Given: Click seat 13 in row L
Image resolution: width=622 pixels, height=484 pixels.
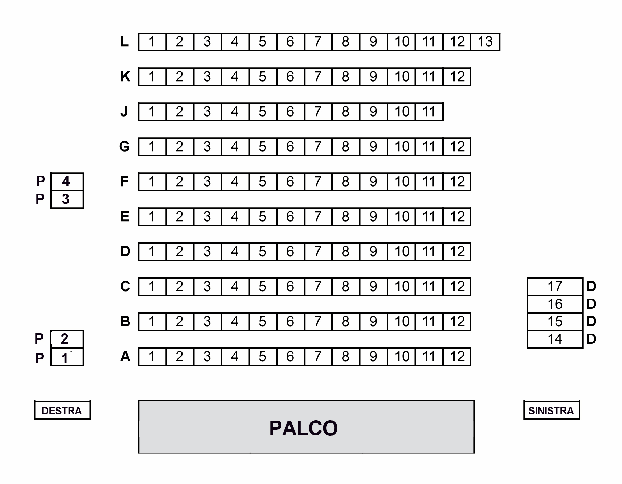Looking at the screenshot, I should click(x=485, y=42).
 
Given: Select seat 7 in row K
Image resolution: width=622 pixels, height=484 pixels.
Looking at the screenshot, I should click(x=318, y=77).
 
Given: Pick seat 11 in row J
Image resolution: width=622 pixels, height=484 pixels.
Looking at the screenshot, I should click(x=429, y=112).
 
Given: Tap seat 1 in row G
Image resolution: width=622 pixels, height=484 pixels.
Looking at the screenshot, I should click(x=152, y=147).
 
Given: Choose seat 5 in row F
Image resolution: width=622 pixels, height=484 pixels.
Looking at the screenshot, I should click(x=263, y=182).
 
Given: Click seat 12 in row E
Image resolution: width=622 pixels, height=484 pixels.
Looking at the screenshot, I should click(x=457, y=217).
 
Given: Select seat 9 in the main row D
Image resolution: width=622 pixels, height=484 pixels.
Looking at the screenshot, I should click(x=373, y=252).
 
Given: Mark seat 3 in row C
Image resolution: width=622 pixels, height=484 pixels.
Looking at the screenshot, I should click(x=207, y=287).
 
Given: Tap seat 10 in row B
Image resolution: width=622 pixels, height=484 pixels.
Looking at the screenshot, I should click(x=402, y=322).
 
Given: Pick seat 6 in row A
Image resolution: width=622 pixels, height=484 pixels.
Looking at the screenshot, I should click(x=290, y=357).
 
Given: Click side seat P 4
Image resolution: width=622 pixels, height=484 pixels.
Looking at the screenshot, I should click(x=67, y=181).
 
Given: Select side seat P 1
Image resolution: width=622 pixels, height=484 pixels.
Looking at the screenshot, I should click(x=67, y=358).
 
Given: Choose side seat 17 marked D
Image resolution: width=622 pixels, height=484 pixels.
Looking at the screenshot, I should click(x=555, y=287).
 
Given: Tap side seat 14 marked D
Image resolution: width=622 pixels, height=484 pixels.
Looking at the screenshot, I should click(x=555, y=339).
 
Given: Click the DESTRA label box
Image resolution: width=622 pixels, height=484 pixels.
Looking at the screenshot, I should click(x=62, y=410).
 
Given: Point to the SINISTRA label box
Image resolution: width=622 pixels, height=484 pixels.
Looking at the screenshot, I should click(x=551, y=410).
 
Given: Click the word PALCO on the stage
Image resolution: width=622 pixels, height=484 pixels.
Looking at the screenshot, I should click(x=303, y=428).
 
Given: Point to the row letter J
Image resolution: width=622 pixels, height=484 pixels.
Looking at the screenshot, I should click(x=124, y=112).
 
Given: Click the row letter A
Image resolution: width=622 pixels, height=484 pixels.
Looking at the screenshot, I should click(x=125, y=357).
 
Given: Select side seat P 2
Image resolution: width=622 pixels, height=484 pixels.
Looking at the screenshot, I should click(x=67, y=339).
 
